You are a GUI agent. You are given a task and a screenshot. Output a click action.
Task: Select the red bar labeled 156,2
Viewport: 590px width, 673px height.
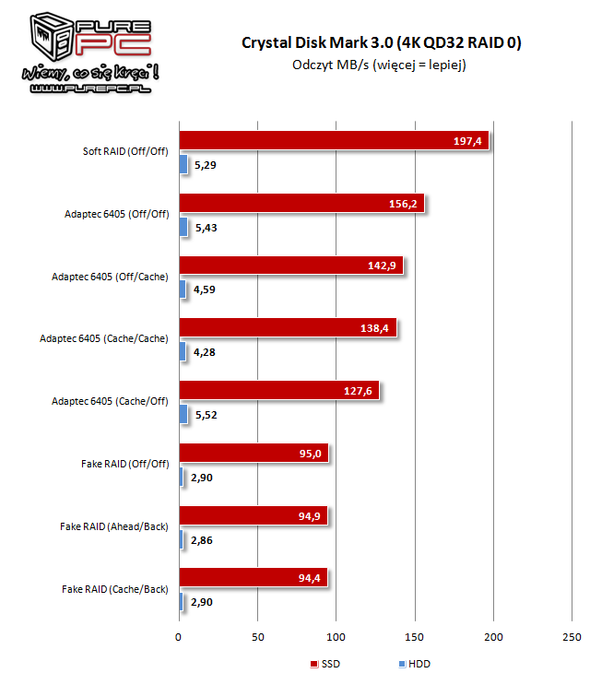pyautogui.click(x=301, y=204)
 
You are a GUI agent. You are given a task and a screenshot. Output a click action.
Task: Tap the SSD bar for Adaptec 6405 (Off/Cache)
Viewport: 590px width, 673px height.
pyautogui.click(x=291, y=266)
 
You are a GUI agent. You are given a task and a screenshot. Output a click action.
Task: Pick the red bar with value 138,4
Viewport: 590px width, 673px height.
pyautogui.click(x=288, y=328)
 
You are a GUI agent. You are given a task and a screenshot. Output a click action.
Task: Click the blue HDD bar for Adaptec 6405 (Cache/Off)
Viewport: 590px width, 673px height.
pyautogui.click(x=183, y=415)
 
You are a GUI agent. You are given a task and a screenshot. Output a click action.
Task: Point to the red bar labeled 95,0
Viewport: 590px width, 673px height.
pyautogui.click(x=254, y=453)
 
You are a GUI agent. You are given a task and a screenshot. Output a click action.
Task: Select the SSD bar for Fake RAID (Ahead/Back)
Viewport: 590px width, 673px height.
pyautogui.click(x=254, y=515)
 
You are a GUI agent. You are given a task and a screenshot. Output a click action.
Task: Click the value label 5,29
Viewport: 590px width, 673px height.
pyautogui.click(x=208, y=165)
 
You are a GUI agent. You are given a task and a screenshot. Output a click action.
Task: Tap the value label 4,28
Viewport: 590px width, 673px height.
pyautogui.click(x=208, y=352)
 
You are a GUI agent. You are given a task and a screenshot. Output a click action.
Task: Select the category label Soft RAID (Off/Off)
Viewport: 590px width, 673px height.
pyautogui.click(x=124, y=151)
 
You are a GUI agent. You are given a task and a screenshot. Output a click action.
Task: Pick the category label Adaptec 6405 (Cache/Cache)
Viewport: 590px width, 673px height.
pyautogui.click(x=104, y=338)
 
